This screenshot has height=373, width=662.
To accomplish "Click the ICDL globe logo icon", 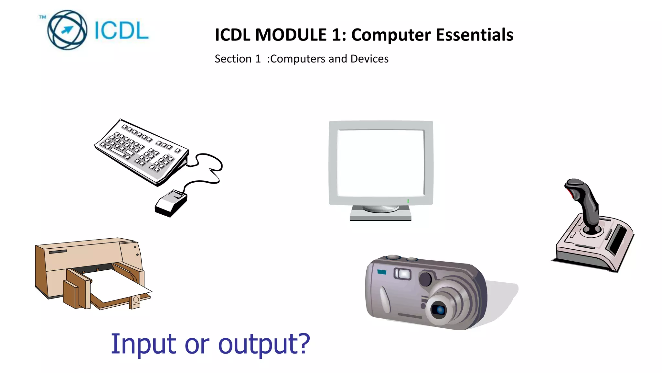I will coord(67,30).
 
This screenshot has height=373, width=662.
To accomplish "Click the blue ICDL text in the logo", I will coord(122,31).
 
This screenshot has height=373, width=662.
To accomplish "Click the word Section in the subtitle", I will coord(233,59).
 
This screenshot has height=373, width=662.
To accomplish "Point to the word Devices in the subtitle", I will coord(369,59).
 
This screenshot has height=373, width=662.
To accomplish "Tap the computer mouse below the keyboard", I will coord(171,203).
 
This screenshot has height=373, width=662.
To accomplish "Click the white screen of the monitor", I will coord(380,163).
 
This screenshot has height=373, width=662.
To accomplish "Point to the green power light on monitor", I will coord(408,201).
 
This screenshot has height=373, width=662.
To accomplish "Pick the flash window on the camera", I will coord(402,274).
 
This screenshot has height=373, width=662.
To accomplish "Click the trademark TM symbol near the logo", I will coord(42,17).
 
